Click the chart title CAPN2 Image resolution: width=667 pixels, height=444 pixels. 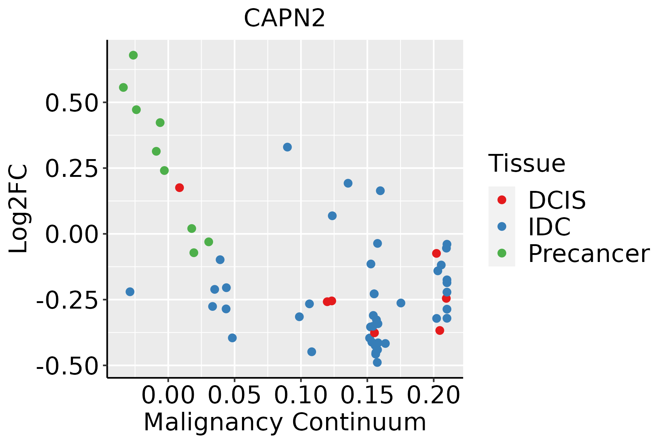click(284, 18)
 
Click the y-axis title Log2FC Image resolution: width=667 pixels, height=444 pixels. click(18, 209)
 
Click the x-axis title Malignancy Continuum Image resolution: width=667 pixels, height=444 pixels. click(285, 422)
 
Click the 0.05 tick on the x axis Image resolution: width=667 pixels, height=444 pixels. click(234, 396)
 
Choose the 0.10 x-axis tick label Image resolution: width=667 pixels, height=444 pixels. click(301, 396)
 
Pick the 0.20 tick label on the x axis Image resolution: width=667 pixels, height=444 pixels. click(434, 396)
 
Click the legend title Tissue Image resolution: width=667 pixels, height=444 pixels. click(527, 163)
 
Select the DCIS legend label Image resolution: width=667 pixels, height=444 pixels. click(557, 200)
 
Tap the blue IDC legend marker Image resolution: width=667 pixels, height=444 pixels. click(502, 226)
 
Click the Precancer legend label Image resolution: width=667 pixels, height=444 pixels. click(589, 254)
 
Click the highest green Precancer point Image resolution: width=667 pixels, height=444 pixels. click(133, 55)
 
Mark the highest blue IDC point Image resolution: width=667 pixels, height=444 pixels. click(287, 147)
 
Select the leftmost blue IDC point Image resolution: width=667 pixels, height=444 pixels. click(130, 292)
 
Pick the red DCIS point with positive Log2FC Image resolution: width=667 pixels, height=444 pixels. click(179, 188)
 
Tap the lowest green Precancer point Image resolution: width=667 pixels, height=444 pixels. click(194, 253)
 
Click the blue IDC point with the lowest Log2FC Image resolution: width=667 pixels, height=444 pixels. click(377, 362)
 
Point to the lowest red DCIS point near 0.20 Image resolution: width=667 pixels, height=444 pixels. click(440, 330)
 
